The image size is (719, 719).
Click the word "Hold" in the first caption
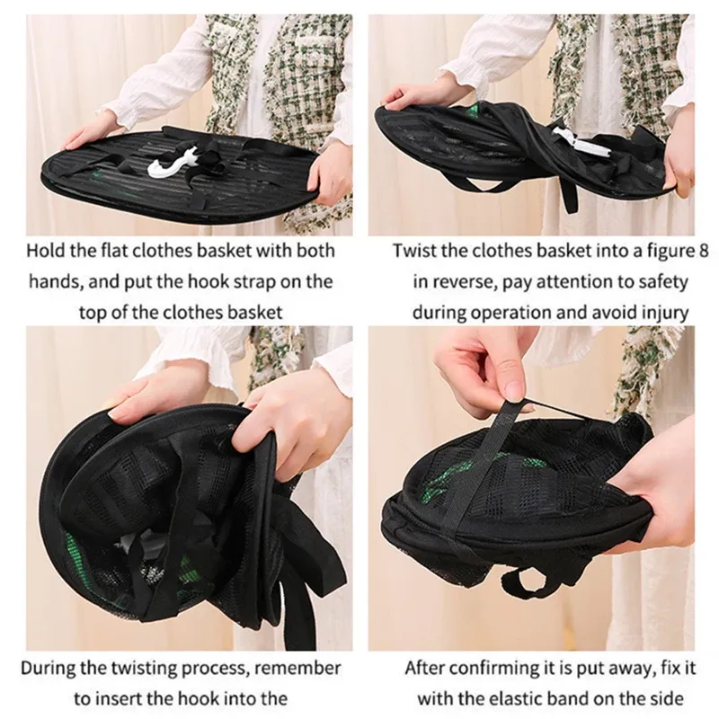(x=45, y=251)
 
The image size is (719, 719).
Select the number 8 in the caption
(x=703, y=251)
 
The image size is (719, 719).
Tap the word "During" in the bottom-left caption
(x=47, y=668)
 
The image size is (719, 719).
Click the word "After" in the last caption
(x=424, y=668)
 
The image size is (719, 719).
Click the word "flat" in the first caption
(x=113, y=251)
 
